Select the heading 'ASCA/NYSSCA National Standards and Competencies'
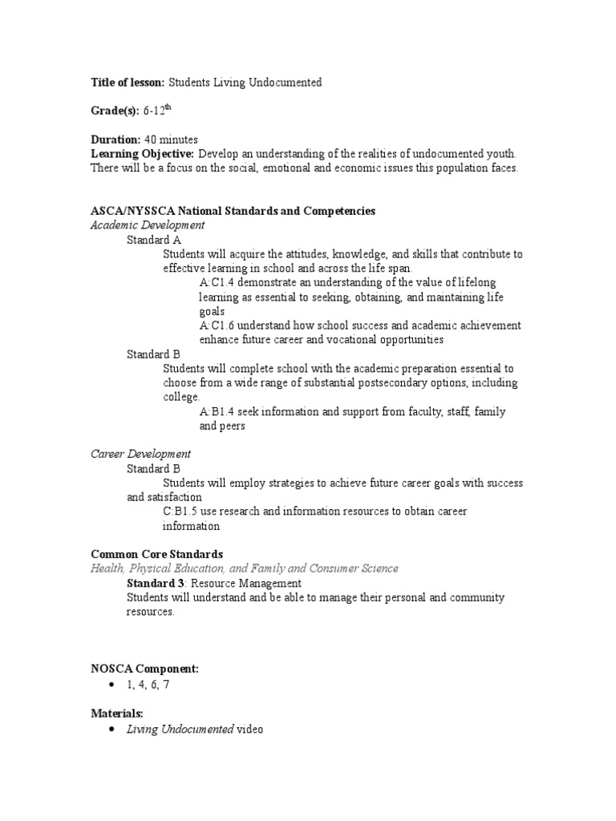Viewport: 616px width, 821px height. (x=233, y=211)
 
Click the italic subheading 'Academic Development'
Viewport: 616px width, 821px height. (x=147, y=225)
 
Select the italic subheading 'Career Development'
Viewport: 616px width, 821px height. (x=140, y=454)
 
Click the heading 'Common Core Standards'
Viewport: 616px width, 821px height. (x=156, y=554)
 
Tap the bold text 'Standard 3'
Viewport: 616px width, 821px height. (x=156, y=583)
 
